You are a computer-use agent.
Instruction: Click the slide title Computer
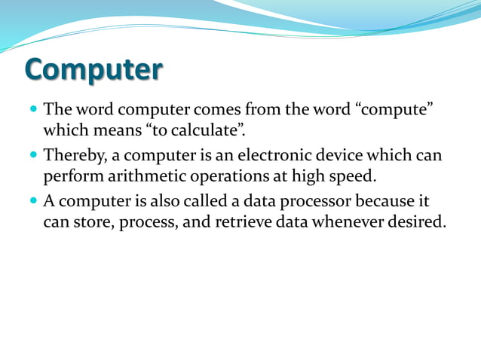tap(93, 69)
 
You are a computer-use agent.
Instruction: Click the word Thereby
tap(75, 157)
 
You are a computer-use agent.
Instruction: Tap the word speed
tap(354, 178)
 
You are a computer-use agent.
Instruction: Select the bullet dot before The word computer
tap(32, 110)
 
